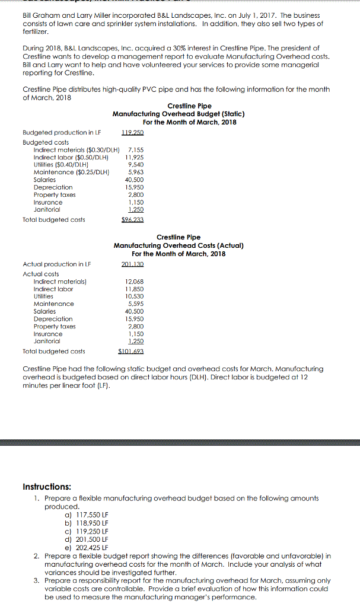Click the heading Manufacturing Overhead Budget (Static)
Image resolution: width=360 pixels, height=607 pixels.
point(179,114)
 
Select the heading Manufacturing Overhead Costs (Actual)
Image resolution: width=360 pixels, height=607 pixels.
point(179,245)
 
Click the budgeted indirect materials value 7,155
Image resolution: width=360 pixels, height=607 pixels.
point(136,151)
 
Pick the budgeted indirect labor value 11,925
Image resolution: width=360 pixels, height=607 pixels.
point(135,158)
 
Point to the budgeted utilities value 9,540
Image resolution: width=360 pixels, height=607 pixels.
point(136,165)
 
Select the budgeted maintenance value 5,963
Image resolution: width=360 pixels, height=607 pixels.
point(136,172)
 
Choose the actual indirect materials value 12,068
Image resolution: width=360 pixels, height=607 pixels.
point(135,282)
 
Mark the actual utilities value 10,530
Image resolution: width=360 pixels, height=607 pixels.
point(135,296)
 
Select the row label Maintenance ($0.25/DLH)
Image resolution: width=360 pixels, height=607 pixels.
point(72,172)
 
